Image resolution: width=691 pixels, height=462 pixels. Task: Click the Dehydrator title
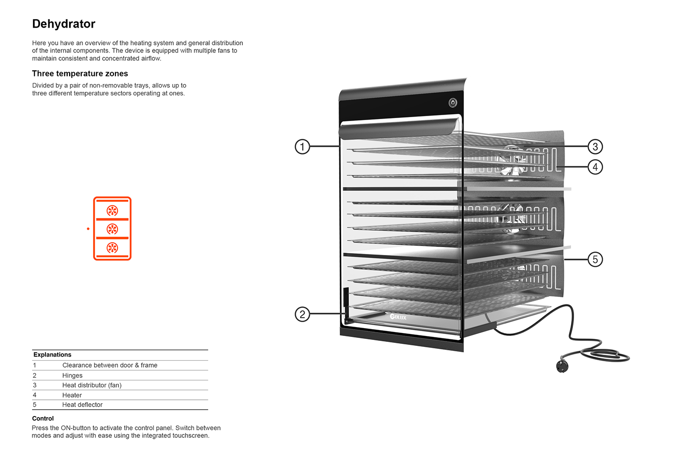click(64, 24)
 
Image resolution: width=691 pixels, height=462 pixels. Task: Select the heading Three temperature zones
click(80, 74)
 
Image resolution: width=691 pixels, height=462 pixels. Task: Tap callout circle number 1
click(302, 147)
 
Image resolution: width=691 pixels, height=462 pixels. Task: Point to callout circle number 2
click(302, 314)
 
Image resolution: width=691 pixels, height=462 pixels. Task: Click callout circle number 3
click(595, 147)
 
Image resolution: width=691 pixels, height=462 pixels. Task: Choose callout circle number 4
click(595, 167)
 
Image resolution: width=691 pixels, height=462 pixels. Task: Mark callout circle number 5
click(595, 259)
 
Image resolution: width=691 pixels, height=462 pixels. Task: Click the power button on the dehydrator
click(453, 103)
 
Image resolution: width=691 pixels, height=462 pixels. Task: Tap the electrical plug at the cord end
click(562, 366)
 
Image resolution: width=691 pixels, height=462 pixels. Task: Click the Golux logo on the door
click(398, 317)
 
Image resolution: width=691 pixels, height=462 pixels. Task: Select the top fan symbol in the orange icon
click(113, 211)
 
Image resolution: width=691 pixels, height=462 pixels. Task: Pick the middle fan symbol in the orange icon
click(113, 229)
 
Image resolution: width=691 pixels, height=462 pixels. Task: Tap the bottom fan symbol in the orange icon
click(113, 248)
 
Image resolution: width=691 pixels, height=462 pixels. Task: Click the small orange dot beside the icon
click(88, 229)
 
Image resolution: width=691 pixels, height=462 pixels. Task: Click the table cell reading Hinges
click(73, 376)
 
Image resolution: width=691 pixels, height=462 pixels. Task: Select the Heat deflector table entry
click(82, 405)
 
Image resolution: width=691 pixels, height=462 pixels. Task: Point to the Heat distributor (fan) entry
click(92, 385)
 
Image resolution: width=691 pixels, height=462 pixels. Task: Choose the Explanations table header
click(52, 355)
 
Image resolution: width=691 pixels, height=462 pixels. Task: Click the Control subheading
click(43, 419)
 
